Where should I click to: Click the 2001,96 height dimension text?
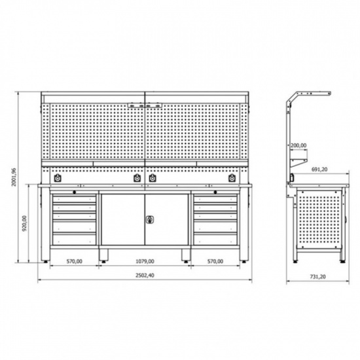pyautogui.click(x=14, y=177)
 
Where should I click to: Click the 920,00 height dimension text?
pyautogui.click(x=25, y=223)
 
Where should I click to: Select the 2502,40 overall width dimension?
pyautogui.click(x=145, y=276)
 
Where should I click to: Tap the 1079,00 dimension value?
pyautogui.click(x=145, y=261)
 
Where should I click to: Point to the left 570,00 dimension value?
pyautogui.click(x=75, y=261)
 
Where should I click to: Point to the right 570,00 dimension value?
pyautogui.click(x=215, y=261)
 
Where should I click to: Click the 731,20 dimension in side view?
pyautogui.click(x=318, y=277)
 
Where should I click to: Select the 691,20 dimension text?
pyautogui.click(x=319, y=170)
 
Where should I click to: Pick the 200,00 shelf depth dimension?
pyautogui.click(x=298, y=145)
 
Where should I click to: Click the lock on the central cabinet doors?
pyautogui.click(x=150, y=220)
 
